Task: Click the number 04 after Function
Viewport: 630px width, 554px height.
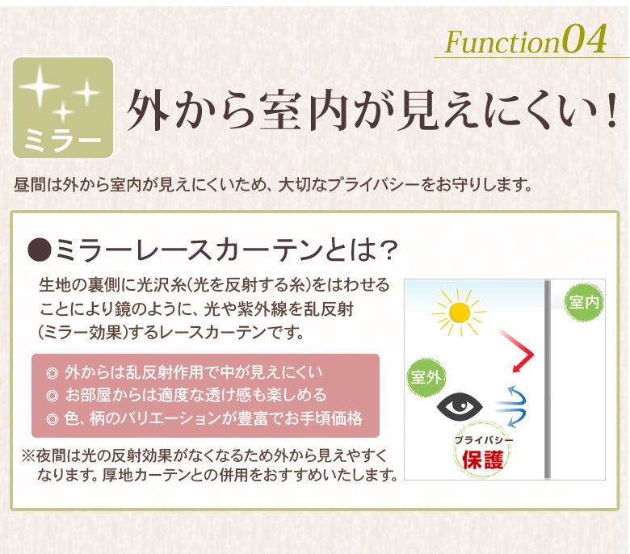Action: [x=584, y=39]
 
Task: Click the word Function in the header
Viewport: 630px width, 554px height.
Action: [x=502, y=41]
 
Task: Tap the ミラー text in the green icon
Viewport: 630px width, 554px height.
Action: [x=63, y=140]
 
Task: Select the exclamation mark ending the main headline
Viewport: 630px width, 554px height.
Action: [x=611, y=111]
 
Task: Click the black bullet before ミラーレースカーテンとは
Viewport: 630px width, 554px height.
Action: [x=40, y=250]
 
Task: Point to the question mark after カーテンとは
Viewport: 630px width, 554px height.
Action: [x=388, y=250]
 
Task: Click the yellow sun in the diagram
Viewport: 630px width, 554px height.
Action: [x=460, y=313]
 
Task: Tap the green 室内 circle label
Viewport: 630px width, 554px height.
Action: [x=583, y=302]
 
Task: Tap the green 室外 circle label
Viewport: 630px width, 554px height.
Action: [x=426, y=377]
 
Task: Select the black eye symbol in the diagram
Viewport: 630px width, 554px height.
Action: [x=460, y=405]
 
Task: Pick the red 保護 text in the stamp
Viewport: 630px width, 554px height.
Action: [x=482, y=460]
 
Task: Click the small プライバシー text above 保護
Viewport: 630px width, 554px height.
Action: [x=484, y=440]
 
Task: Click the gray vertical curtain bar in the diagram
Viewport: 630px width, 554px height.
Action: [x=548, y=380]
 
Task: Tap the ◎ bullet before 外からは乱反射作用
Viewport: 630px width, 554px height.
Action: [x=52, y=373]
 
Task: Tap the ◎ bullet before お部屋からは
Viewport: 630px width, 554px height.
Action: [x=52, y=396]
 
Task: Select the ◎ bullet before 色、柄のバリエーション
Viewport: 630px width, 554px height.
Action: [x=52, y=419]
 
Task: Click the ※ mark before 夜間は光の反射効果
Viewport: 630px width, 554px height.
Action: [x=29, y=456]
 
